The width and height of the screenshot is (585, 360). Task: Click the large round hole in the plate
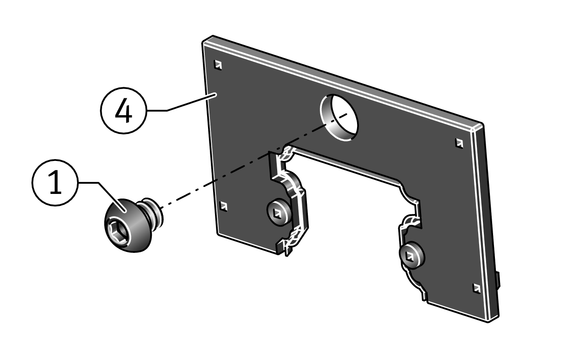coord(339,116)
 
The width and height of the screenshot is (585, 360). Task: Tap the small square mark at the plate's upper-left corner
coord(218,65)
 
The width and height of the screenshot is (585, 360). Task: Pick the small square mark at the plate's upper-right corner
coord(459,143)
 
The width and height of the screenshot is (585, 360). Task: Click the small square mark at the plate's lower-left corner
coord(223,206)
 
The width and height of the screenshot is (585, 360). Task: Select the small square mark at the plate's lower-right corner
coord(476,288)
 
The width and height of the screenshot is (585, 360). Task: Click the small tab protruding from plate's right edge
coord(499,281)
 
